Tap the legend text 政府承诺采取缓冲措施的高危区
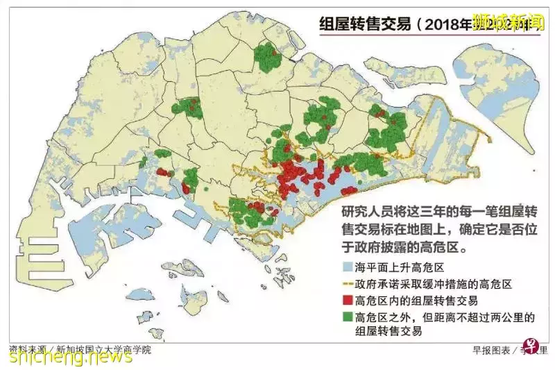(434, 285)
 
